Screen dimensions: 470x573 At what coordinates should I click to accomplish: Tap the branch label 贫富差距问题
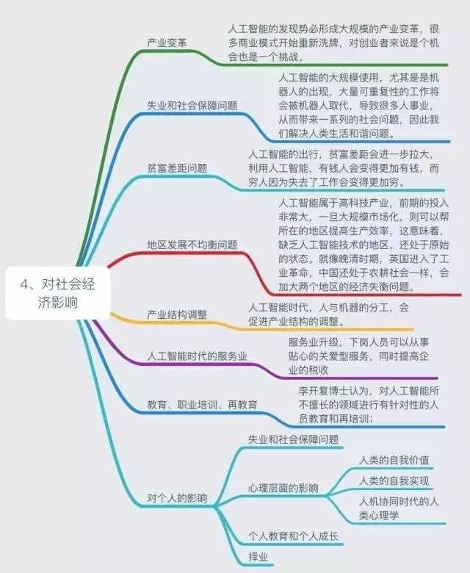[x=177, y=168]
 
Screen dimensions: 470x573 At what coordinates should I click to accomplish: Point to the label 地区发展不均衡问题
[x=192, y=244]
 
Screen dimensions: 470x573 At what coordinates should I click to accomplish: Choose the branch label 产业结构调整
[x=177, y=314]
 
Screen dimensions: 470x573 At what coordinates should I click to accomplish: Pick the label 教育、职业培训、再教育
[x=202, y=404]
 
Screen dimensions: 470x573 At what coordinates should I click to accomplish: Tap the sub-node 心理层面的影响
[x=283, y=488]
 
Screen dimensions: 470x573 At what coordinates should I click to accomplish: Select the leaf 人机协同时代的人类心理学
[x=399, y=508]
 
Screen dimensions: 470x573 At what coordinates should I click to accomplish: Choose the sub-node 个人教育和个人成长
[x=293, y=537]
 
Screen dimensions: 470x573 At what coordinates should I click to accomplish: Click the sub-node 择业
[x=258, y=558]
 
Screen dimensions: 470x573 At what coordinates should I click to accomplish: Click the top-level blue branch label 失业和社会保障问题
[x=192, y=104]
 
